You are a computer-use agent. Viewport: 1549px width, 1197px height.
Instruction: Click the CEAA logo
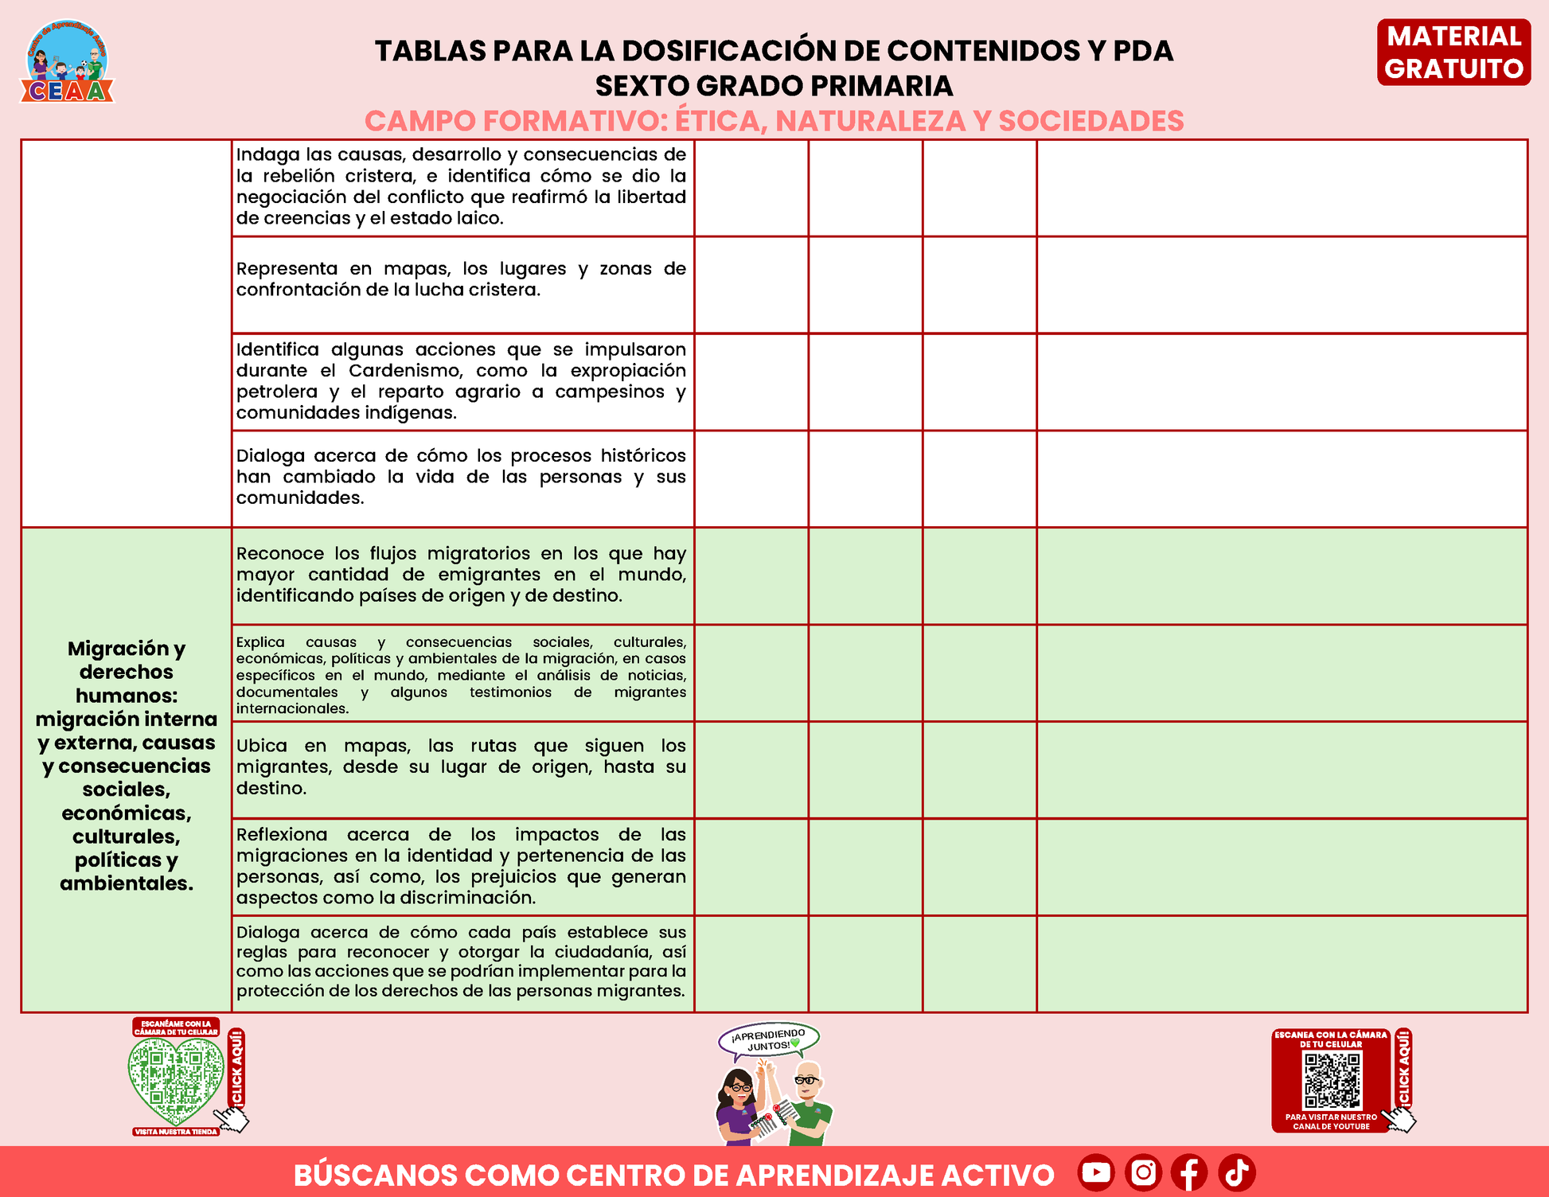(67, 62)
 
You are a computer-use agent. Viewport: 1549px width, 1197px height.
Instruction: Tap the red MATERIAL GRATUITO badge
(1453, 53)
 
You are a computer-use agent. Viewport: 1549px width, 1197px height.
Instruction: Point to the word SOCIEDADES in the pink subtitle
(1091, 121)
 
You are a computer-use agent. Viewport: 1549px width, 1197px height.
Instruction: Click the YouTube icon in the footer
(1096, 1172)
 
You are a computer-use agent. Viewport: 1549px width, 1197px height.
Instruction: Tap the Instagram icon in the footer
(1143, 1172)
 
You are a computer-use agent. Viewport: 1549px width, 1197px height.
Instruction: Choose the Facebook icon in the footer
(1189, 1172)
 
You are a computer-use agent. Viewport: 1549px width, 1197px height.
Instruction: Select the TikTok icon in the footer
(1236, 1172)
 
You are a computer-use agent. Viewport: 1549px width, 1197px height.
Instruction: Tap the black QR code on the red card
(1332, 1081)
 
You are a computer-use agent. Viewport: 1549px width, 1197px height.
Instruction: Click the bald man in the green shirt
(810, 1102)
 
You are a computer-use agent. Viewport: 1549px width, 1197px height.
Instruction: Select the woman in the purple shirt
(738, 1106)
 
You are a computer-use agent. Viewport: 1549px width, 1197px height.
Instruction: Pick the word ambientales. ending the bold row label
(127, 883)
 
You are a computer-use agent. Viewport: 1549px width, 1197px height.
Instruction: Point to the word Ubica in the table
(261, 747)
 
